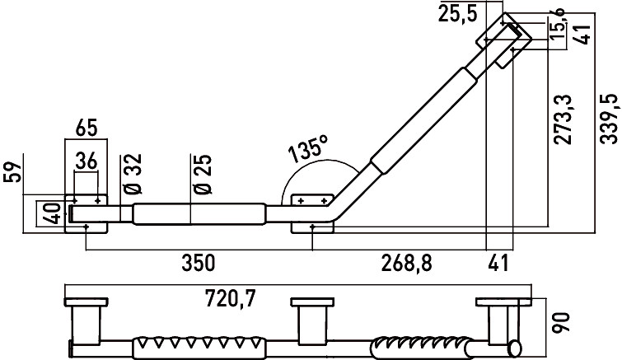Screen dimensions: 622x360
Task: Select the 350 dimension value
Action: pyautogui.click(x=199, y=263)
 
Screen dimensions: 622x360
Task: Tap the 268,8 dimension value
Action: pyautogui.click(x=407, y=264)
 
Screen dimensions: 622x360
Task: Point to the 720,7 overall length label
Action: pyautogui.click(x=231, y=298)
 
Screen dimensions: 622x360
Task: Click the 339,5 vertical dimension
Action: pyautogui.click(x=610, y=119)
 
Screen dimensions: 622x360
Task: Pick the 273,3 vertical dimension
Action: pyautogui.click(x=563, y=119)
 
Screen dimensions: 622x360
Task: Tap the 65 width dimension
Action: pyautogui.click(x=86, y=129)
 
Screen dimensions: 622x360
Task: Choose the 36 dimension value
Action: pyautogui.click(x=86, y=161)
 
